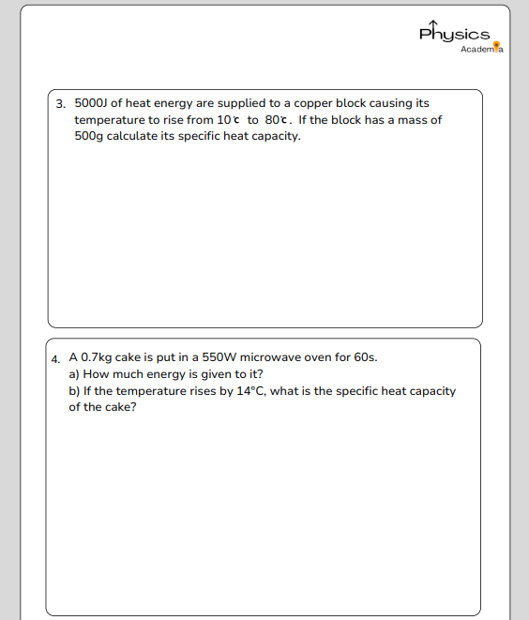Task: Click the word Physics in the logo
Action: pos(454,33)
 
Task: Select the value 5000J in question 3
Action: pos(91,103)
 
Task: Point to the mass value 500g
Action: pos(89,137)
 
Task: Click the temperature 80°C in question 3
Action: pos(278,120)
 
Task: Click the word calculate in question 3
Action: pos(134,137)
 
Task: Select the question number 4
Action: pos(56,358)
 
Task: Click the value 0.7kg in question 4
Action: pos(96,357)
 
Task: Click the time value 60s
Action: pos(364,357)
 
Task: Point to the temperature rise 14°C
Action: pos(250,391)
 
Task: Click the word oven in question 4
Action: pos(325,357)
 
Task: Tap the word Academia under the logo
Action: pos(482,49)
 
